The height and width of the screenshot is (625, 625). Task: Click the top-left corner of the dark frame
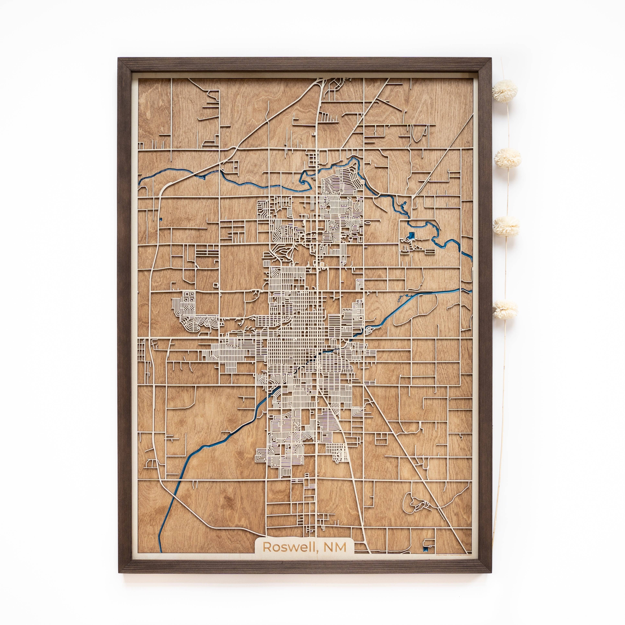pos(119,58)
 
